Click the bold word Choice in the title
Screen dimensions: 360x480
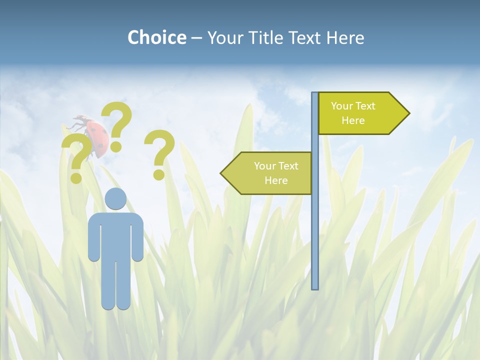coord(156,37)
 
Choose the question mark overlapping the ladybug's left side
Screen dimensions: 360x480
coord(76,156)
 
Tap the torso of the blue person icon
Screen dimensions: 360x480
coord(115,235)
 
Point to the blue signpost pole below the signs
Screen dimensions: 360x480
coord(315,240)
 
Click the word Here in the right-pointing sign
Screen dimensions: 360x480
coord(353,120)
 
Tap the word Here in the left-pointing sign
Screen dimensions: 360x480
coord(276,180)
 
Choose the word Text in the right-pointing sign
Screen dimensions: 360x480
coord(365,106)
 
